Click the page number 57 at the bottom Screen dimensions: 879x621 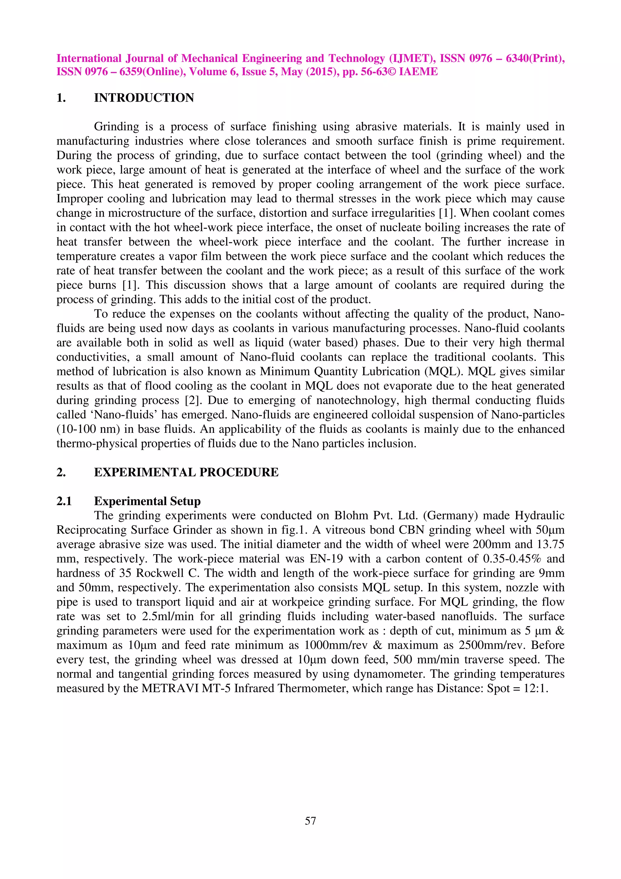click(x=310, y=821)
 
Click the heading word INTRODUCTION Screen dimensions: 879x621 click(x=144, y=98)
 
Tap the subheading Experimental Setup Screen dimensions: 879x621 click(x=147, y=501)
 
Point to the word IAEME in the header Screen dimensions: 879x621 click(x=418, y=72)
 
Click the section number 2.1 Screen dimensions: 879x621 click(x=64, y=501)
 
